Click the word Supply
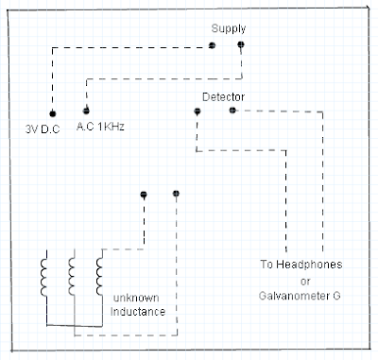pos(229,29)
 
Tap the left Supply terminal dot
pos(212,45)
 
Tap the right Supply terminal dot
pos(241,44)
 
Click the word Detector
pos(223,96)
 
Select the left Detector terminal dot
pos(198,111)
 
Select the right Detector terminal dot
pos(232,111)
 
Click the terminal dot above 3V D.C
pos(53,113)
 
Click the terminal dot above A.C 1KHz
pos(86,111)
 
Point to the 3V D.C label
pos(43,129)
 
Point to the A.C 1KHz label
pos(100,127)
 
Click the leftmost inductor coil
pos(43,278)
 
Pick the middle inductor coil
pos(72,276)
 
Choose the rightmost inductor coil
pos(99,276)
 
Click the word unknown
pos(136,298)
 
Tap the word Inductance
pos(138,312)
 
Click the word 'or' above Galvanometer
pos(305,282)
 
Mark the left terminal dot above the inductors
pos(144,195)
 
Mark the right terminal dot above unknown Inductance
pos(176,194)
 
